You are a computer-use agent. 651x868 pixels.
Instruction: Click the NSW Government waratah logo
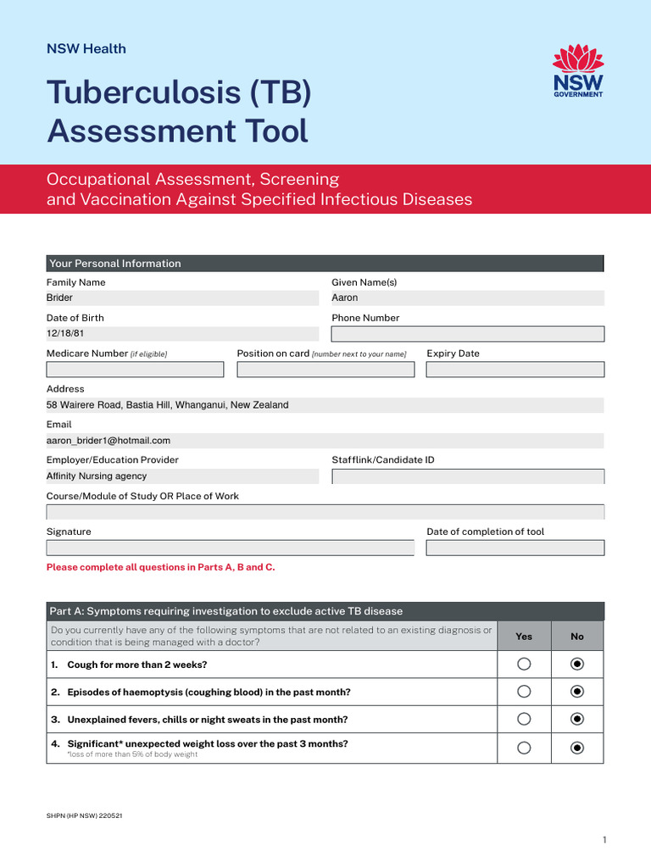(577, 71)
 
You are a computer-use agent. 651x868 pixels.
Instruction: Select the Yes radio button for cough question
(524, 664)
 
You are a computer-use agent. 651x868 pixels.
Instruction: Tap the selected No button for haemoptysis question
(577, 692)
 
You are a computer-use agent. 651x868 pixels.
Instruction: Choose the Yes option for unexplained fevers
(524, 720)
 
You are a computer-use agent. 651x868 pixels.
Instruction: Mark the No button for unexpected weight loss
(577, 748)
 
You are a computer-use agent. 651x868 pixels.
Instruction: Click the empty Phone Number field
(467, 334)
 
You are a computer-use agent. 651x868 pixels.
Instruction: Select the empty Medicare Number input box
(135, 370)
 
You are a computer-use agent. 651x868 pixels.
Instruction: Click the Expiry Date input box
(515, 370)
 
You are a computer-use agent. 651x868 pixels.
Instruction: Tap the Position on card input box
(325, 370)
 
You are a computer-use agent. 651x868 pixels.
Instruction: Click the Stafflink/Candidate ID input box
(467, 476)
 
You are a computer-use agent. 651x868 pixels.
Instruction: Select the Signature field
(230, 548)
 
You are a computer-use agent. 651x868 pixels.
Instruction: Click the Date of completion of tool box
(515, 548)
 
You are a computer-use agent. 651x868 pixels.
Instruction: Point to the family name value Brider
(59, 298)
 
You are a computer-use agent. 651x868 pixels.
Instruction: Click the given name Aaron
(345, 298)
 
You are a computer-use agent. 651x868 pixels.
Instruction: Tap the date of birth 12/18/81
(65, 334)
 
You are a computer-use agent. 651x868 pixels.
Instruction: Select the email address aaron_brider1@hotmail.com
(108, 441)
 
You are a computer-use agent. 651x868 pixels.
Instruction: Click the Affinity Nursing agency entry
(97, 476)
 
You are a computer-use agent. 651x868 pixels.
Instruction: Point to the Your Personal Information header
(115, 264)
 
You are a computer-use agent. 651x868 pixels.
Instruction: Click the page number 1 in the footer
(604, 840)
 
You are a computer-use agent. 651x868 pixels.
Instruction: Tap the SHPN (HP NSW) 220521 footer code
(85, 815)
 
